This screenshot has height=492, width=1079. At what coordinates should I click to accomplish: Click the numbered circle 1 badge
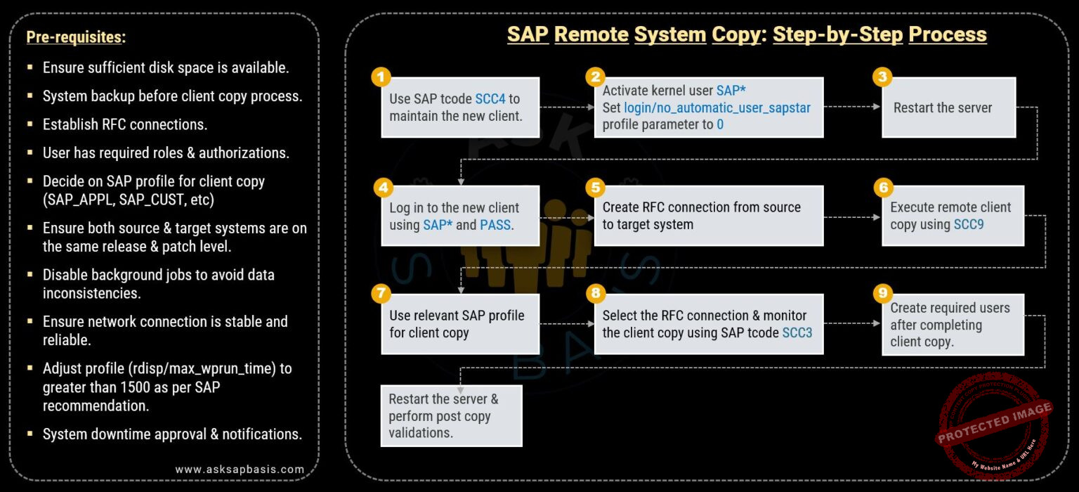tap(380, 77)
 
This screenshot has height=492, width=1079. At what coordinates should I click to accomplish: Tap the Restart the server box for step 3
tap(948, 108)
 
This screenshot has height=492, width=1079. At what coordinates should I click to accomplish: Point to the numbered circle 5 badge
tap(595, 187)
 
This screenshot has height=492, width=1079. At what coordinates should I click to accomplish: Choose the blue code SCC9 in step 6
tap(969, 224)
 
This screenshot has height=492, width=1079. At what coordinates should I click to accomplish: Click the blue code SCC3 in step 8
tap(797, 332)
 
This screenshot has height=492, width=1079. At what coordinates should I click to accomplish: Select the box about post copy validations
tap(451, 415)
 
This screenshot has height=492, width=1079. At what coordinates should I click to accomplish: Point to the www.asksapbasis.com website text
tap(240, 469)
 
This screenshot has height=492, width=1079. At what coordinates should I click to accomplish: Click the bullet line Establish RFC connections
tap(125, 124)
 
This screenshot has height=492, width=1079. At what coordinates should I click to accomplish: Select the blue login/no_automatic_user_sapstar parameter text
tap(717, 108)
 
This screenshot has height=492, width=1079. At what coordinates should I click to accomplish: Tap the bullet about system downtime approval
tap(172, 434)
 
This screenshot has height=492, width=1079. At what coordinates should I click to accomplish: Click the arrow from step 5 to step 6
tap(852, 216)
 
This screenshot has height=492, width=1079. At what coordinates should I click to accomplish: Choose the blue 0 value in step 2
tap(720, 124)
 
